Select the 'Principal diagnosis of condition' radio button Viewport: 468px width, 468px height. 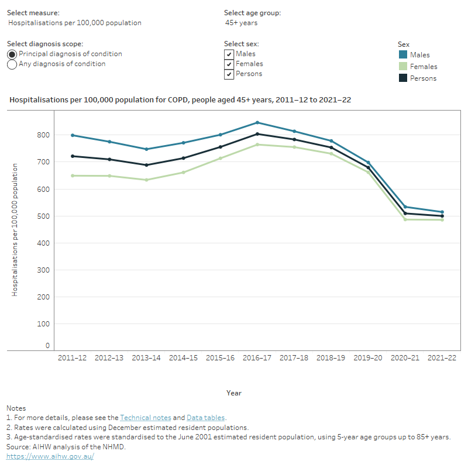point(12,54)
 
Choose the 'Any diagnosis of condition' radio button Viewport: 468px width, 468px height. point(12,64)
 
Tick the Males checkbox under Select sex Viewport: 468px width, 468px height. point(229,54)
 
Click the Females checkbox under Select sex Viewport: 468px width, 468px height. point(229,64)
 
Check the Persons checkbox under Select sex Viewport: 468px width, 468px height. point(229,74)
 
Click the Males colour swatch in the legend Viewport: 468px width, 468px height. point(402,55)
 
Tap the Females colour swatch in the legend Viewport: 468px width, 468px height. point(402,67)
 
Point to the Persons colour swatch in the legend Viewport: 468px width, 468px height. point(402,78)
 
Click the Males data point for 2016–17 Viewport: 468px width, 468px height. point(257,123)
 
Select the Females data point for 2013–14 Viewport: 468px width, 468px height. point(146,180)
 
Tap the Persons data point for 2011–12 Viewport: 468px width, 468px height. point(73,156)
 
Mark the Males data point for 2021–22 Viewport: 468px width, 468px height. point(442,212)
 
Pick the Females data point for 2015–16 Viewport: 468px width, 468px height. point(221,158)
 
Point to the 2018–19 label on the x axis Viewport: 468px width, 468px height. point(331,357)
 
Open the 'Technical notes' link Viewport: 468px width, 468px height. point(145,418)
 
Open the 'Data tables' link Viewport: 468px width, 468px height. point(206,418)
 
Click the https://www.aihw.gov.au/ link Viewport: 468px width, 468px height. point(50,456)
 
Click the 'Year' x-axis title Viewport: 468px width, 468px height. point(234,393)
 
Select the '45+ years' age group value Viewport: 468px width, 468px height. point(241,23)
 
